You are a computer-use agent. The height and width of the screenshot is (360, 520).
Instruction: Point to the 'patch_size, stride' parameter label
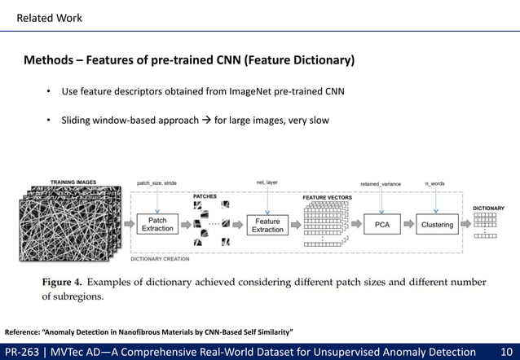point(157,183)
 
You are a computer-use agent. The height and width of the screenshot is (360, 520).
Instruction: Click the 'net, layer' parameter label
point(267,183)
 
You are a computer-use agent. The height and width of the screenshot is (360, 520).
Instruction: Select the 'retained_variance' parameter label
point(381,184)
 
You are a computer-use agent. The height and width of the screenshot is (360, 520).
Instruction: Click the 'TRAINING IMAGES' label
point(73,182)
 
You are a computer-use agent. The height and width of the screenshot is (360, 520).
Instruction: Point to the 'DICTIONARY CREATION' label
point(160,259)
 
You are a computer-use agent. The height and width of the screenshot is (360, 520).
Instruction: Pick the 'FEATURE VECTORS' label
point(327,198)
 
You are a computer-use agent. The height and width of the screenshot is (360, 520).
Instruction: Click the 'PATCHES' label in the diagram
point(205,196)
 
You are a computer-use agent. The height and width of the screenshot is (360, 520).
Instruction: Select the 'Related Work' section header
point(50,18)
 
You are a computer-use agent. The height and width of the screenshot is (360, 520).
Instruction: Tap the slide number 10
point(505,351)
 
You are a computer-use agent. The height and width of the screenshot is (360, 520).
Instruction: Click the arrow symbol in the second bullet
point(205,121)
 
